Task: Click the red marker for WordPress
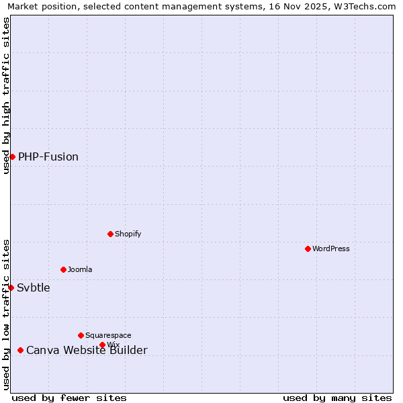pyautogui.click(x=308, y=249)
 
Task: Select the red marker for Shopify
pyautogui.click(x=110, y=234)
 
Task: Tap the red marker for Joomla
pyautogui.click(x=63, y=269)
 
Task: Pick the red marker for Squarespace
pyautogui.click(x=81, y=335)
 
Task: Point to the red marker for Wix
pyautogui.click(x=102, y=345)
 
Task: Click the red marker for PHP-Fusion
pyautogui.click(x=12, y=156)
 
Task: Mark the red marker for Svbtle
pyautogui.click(x=11, y=287)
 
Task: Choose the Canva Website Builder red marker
pyautogui.click(x=20, y=350)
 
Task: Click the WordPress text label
pyautogui.click(x=331, y=249)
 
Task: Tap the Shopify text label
pyautogui.click(x=128, y=234)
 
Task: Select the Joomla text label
pyautogui.click(x=80, y=269)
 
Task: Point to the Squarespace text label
pyautogui.click(x=108, y=335)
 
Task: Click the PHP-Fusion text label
pyautogui.click(x=48, y=156)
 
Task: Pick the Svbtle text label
pyautogui.click(x=34, y=287)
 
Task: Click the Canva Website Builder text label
pyautogui.click(x=87, y=350)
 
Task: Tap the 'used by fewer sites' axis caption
pyautogui.click(x=69, y=398)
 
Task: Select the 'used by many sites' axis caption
pyautogui.click(x=337, y=398)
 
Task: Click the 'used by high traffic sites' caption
pyautogui.click(x=7, y=95)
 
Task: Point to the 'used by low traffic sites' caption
pyautogui.click(x=7, y=314)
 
